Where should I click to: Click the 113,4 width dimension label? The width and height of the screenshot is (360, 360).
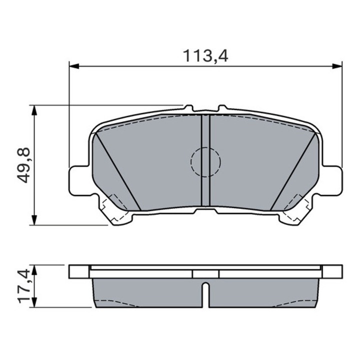204,56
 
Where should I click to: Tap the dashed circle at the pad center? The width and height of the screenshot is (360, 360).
205,161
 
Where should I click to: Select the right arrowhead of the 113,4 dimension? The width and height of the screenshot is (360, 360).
337,65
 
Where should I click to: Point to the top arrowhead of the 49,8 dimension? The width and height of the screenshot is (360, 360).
33,109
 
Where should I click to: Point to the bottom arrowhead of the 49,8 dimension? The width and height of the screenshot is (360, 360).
33,220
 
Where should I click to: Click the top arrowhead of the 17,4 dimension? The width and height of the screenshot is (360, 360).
33,268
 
